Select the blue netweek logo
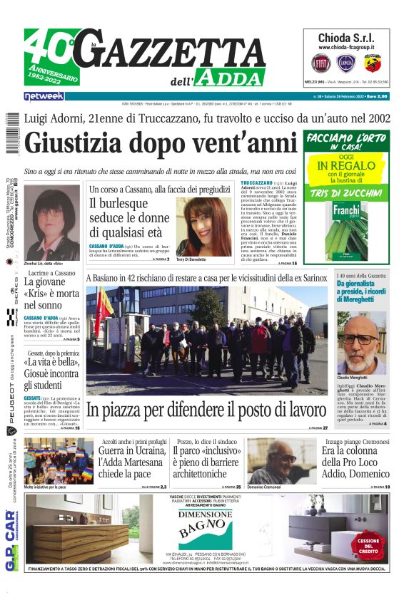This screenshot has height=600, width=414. (44, 95)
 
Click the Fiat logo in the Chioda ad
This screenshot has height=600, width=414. (320, 63)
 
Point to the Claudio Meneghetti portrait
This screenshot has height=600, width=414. (360, 343)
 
